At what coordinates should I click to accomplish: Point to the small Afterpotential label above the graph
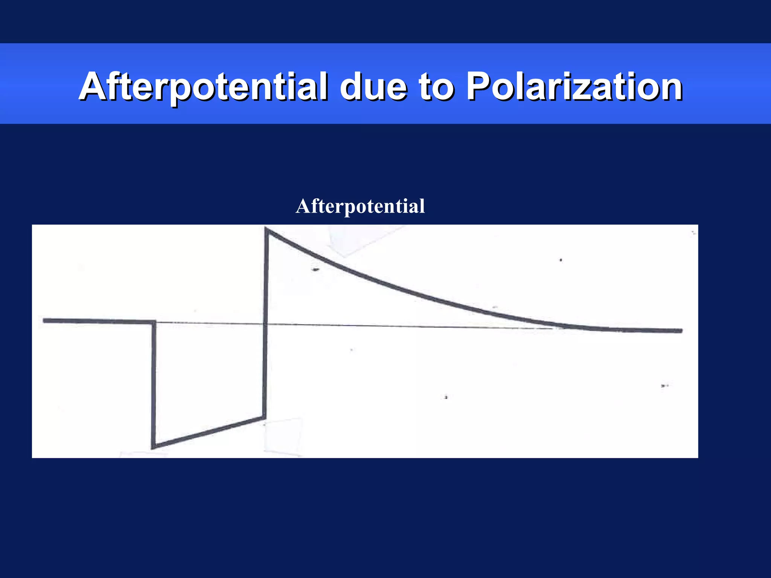tap(360, 206)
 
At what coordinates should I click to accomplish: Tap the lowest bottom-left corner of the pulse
tap(153, 447)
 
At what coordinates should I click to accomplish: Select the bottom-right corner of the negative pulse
tap(264, 417)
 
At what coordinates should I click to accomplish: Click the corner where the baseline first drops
tap(154, 322)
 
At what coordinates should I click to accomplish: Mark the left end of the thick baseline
tap(45, 320)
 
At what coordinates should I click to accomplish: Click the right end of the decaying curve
tap(681, 331)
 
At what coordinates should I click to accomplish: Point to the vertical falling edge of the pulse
tap(154, 384)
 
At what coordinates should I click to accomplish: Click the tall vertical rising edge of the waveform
tap(265, 324)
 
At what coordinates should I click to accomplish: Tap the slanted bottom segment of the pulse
tap(209, 432)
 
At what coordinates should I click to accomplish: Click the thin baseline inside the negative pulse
tap(209, 323)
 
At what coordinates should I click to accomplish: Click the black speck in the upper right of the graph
tap(561, 260)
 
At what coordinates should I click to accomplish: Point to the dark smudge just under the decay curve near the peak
tap(315, 269)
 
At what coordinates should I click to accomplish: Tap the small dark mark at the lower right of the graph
tap(664, 386)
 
